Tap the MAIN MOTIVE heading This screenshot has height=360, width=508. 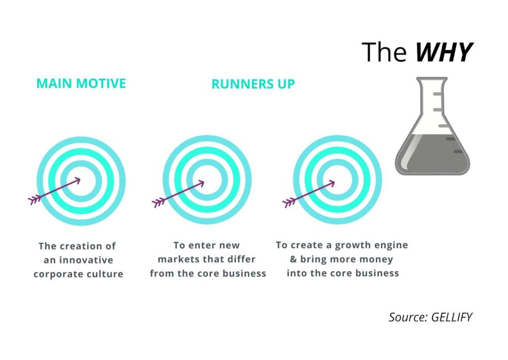81,83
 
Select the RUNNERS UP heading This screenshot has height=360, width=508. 253,84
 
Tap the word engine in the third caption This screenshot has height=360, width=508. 392,245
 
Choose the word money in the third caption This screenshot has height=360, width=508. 376,259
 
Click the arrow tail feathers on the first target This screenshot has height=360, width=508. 34,200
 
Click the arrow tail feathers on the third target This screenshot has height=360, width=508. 289,202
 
